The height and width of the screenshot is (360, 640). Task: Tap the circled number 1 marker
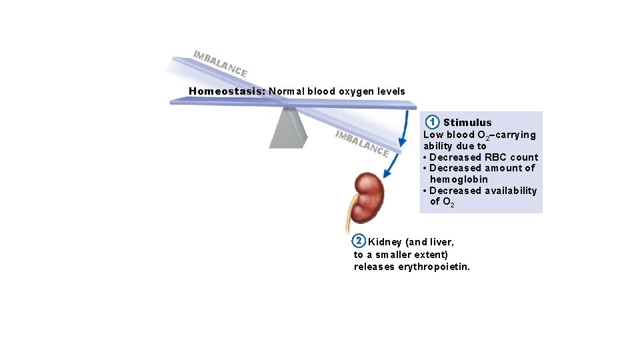pos(433,122)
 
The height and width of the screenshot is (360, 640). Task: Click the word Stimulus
pos(467,123)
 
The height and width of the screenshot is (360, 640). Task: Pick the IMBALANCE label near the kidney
pos(362,143)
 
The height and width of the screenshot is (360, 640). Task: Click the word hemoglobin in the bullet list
pos(459,179)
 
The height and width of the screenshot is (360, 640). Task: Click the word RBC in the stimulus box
pos(495,157)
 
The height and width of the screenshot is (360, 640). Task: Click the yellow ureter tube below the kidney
pos(349,221)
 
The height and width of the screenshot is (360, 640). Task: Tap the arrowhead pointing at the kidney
pos(387,174)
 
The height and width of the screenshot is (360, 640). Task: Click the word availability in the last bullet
pos(510,191)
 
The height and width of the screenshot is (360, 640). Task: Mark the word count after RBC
pos(524,157)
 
